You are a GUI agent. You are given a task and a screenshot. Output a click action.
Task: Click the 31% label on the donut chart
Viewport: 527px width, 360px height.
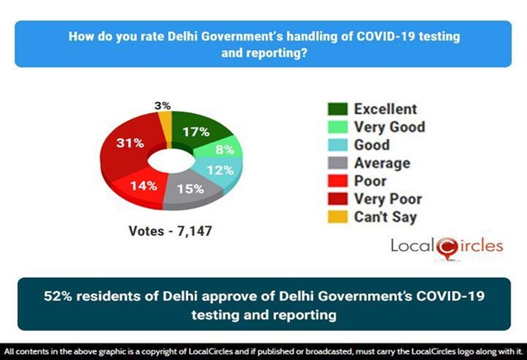click(131, 143)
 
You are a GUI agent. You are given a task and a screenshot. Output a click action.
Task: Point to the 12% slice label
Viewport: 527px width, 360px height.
click(225, 170)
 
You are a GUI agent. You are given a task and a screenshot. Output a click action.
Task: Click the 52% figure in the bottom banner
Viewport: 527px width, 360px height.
click(61, 296)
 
